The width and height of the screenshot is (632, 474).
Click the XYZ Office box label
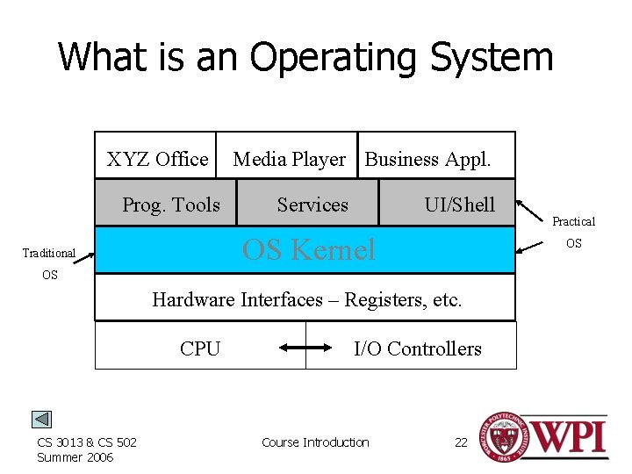(x=157, y=159)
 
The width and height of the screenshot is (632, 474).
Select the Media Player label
(x=289, y=159)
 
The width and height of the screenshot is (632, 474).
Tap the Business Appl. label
(x=427, y=159)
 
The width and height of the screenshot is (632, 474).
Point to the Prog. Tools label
(x=171, y=205)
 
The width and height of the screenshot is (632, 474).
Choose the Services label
(x=312, y=205)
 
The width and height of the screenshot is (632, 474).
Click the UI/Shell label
(x=459, y=205)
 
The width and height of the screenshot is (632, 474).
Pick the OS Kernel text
(x=308, y=250)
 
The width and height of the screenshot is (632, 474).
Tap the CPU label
(x=200, y=348)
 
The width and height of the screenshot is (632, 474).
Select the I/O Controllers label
(x=418, y=348)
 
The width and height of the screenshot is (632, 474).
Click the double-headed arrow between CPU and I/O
(x=305, y=348)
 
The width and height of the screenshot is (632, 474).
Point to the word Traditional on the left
(x=49, y=253)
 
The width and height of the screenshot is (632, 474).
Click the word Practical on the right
(x=573, y=222)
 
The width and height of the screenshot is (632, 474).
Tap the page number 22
(x=461, y=442)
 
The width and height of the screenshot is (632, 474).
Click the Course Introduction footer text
(x=315, y=442)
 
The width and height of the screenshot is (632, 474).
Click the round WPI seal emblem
(x=499, y=436)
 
